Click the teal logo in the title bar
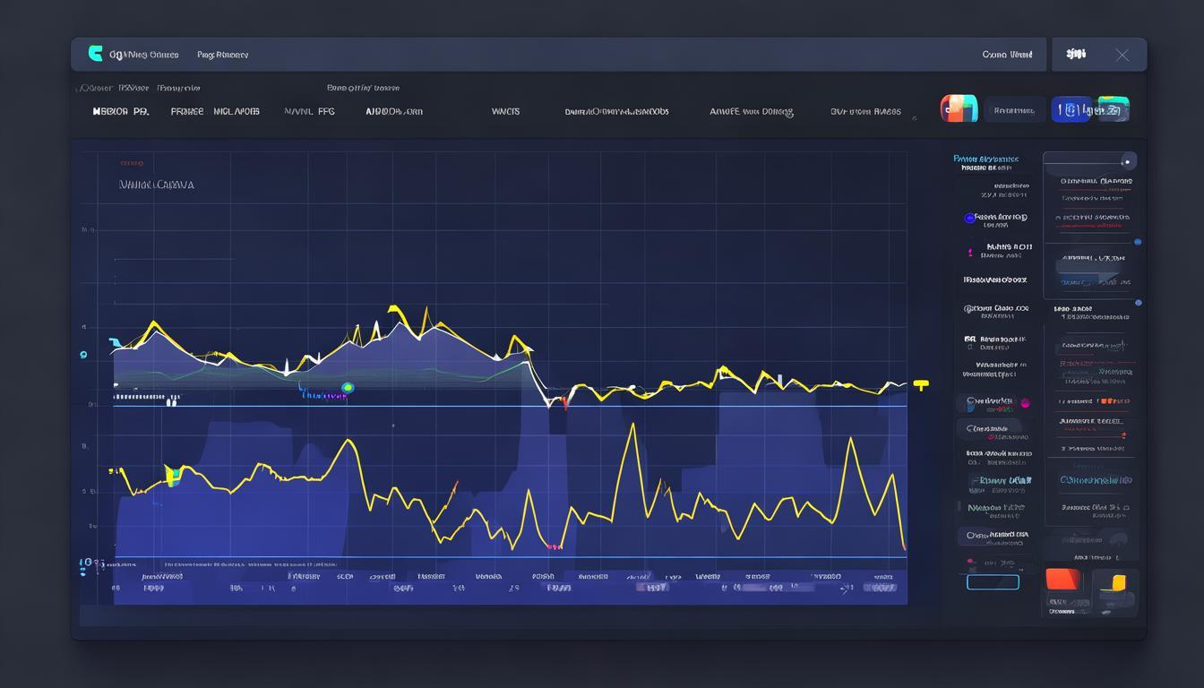click(95, 54)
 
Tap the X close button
click(1122, 55)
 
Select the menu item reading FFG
click(325, 112)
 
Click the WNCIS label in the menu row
click(505, 112)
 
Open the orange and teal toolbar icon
click(958, 108)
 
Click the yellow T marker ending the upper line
click(921, 385)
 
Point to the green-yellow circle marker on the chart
click(348, 388)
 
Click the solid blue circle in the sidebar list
click(969, 218)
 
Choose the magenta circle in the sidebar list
click(1025, 403)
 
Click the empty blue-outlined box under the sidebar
click(993, 582)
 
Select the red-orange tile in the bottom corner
click(1063, 580)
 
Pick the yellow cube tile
click(1116, 584)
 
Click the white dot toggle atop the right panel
click(1129, 161)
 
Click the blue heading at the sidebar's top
click(985, 159)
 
